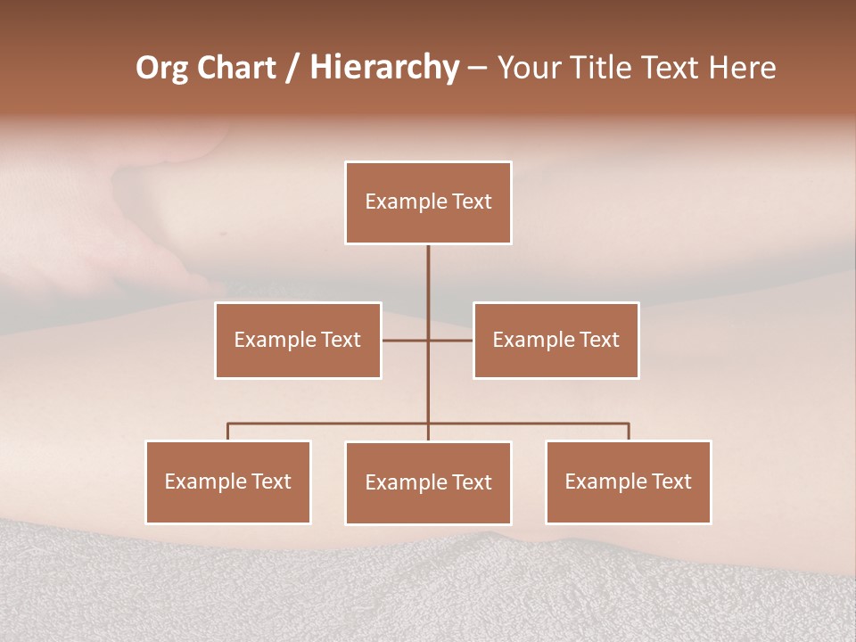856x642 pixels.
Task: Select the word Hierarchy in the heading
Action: click(383, 68)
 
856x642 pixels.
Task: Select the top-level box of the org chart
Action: click(428, 202)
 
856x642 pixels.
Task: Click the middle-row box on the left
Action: click(298, 340)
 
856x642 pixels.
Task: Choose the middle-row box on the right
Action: click(556, 340)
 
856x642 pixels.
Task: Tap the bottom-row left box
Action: click(228, 481)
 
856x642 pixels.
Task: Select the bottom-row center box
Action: click(428, 482)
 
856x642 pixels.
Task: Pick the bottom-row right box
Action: click(628, 481)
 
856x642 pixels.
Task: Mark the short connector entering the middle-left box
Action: click(404, 340)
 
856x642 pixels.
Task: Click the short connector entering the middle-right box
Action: click(451, 340)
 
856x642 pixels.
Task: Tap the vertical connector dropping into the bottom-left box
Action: click(228, 432)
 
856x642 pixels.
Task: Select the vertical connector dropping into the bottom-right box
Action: click(629, 432)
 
